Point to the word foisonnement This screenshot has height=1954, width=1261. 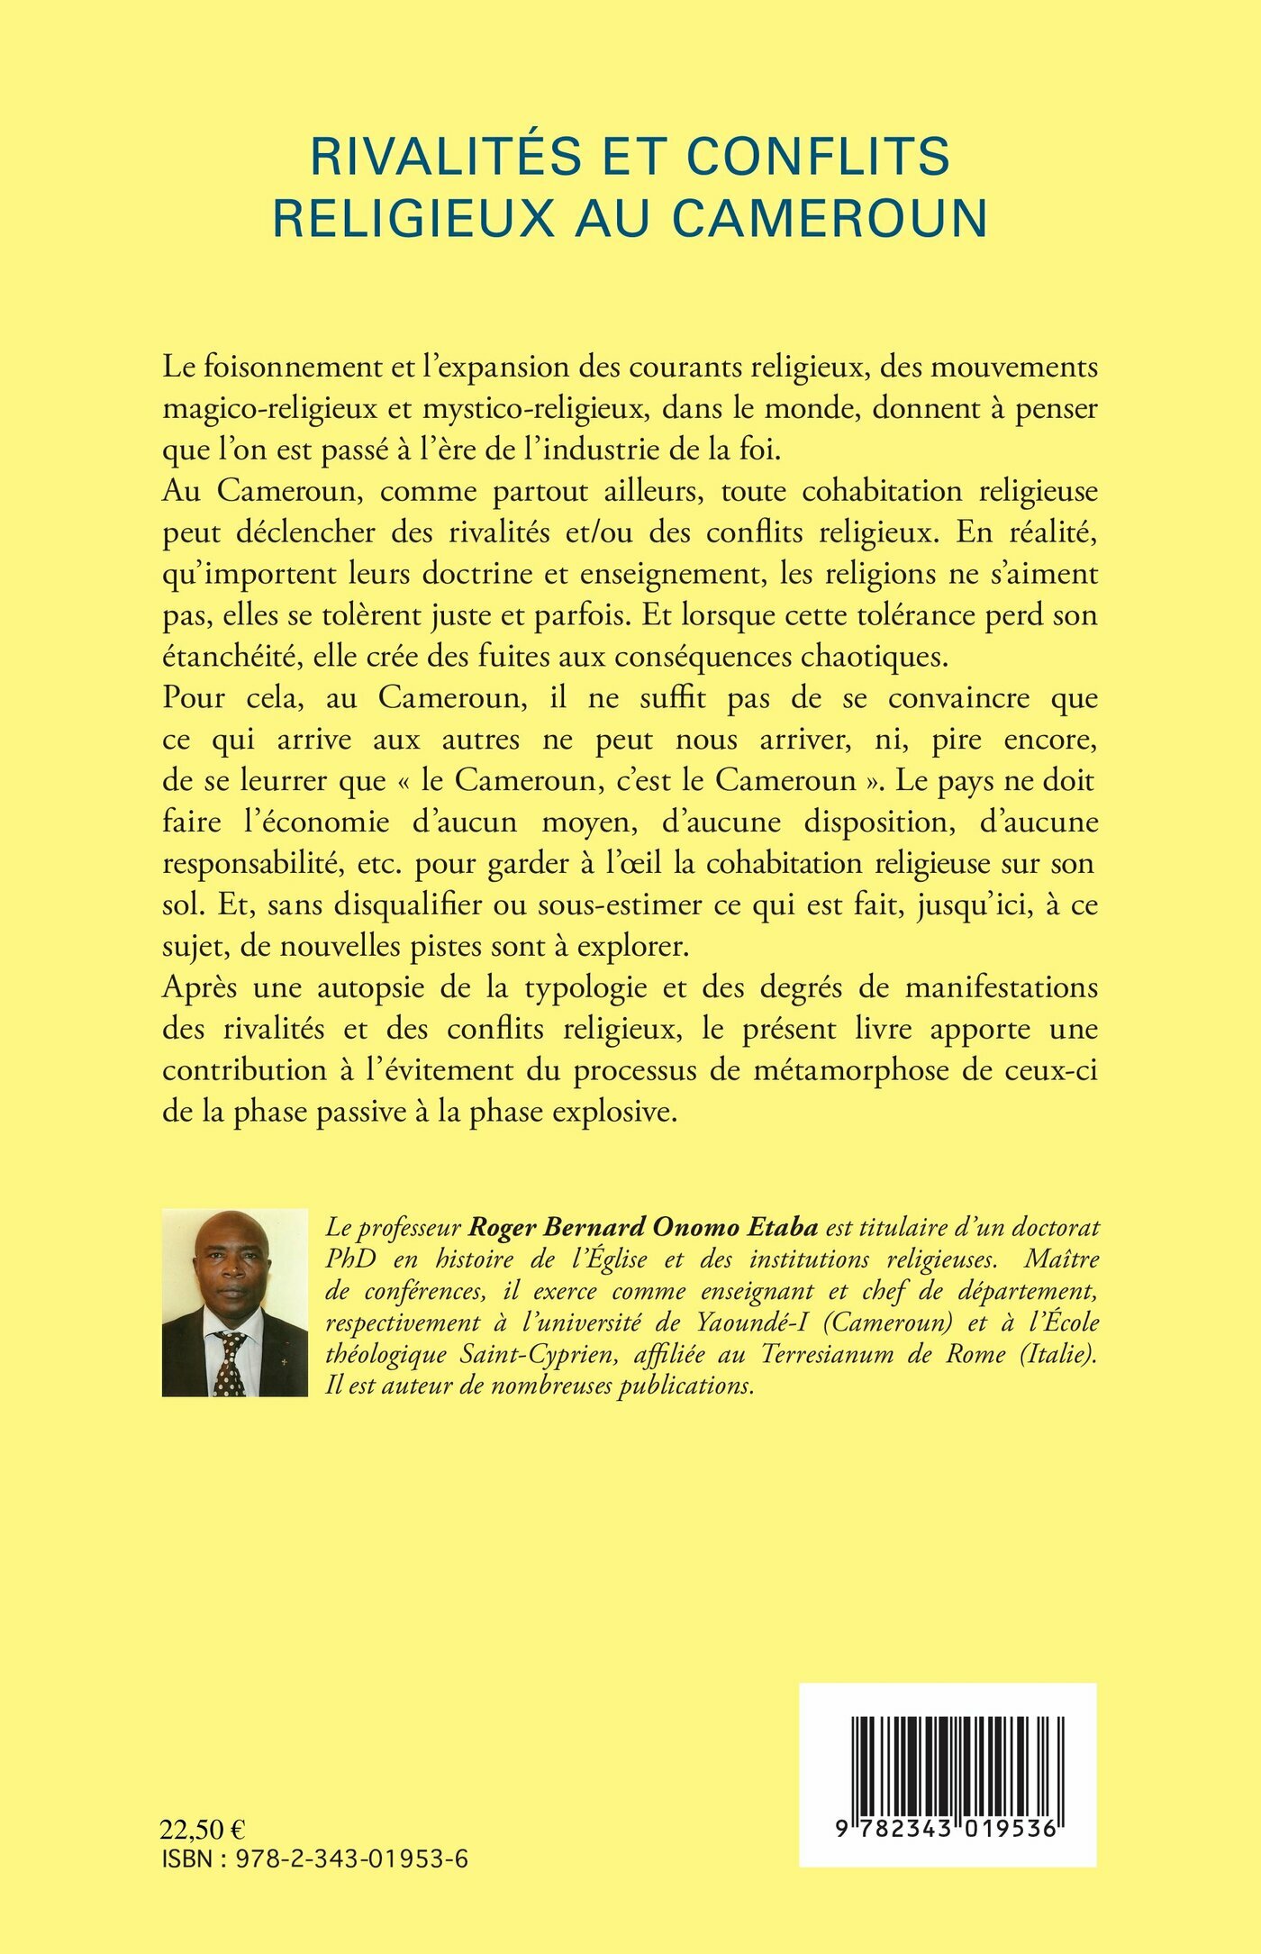[x=298, y=368]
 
